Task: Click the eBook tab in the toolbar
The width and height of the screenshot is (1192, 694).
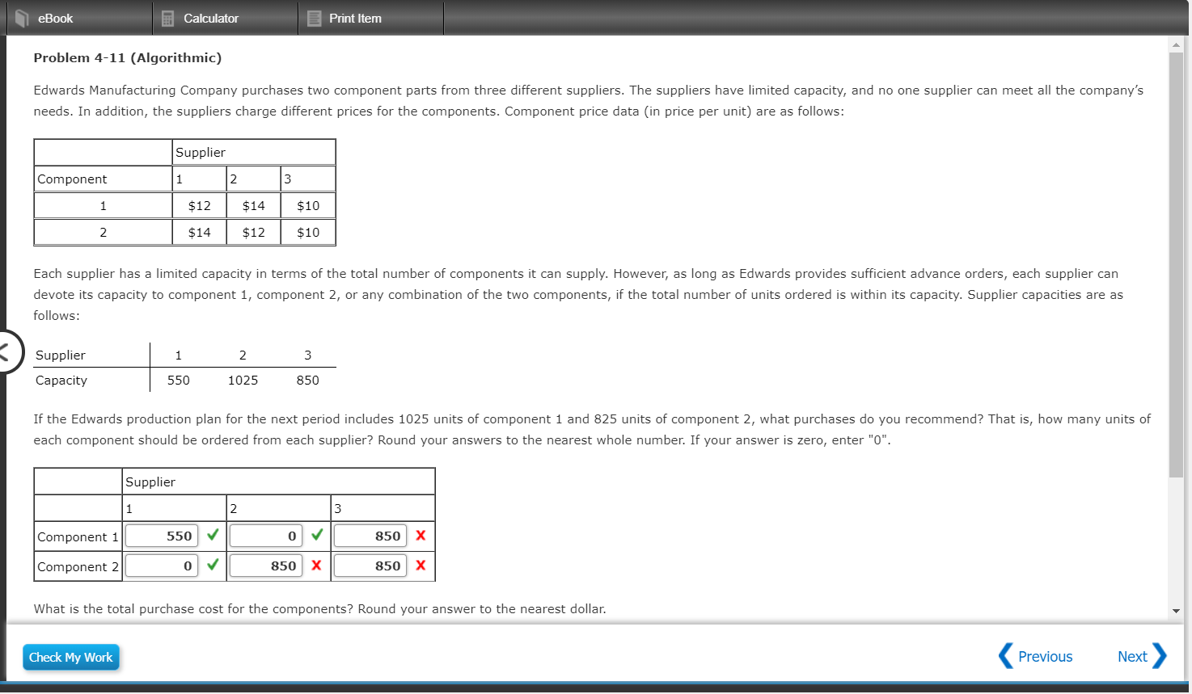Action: click(x=54, y=19)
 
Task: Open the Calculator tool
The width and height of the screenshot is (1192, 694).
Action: click(x=210, y=19)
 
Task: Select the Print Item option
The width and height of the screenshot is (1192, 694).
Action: click(x=354, y=19)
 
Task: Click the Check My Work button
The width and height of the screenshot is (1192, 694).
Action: click(x=71, y=658)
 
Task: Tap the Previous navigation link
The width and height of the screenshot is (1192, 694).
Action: click(x=1036, y=657)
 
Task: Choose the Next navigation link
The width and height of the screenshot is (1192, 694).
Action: click(x=1141, y=657)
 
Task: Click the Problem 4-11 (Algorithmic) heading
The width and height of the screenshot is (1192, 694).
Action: click(x=127, y=58)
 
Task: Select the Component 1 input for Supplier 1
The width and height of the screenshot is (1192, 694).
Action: click(x=162, y=536)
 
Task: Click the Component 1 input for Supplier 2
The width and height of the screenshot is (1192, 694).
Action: click(x=266, y=536)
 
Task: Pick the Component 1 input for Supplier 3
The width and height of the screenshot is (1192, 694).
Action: click(x=370, y=536)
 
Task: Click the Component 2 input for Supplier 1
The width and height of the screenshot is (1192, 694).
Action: click(x=162, y=566)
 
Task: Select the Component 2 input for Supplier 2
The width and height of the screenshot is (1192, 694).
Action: click(x=266, y=566)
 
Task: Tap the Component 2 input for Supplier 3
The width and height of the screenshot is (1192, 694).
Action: click(x=370, y=566)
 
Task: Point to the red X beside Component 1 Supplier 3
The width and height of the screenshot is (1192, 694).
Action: click(x=421, y=536)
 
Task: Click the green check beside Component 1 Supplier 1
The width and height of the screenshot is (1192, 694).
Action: click(x=213, y=535)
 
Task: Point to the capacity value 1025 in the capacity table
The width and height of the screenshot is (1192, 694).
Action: click(x=243, y=381)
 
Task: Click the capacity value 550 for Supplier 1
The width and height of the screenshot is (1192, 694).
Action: click(x=179, y=381)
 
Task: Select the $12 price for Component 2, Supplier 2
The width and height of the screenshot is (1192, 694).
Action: click(x=254, y=233)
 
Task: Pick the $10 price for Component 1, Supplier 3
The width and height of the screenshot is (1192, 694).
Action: click(x=308, y=206)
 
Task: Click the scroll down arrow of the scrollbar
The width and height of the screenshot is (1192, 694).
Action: click(x=1176, y=611)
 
